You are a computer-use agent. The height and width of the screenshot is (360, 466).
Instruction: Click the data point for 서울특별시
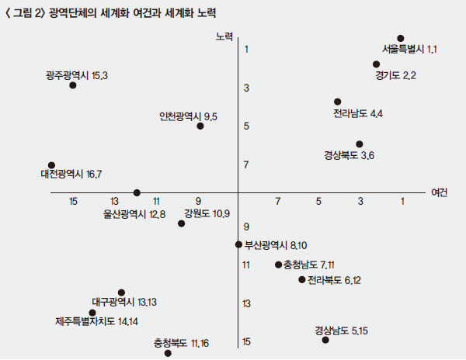(401, 38)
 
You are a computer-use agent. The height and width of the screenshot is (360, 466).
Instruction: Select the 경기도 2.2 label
(396, 75)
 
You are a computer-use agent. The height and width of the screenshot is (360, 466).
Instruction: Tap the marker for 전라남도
(338, 102)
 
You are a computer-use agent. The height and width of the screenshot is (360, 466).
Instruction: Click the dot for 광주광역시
(73, 85)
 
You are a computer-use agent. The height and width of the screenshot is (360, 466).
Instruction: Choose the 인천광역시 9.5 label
(188, 116)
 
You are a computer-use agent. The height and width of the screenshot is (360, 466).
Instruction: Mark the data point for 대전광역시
(51, 165)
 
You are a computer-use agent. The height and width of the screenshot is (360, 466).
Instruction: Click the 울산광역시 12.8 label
(134, 214)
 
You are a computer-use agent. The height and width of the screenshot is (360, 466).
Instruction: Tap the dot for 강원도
(182, 223)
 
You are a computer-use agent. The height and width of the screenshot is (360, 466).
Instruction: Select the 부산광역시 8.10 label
(276, 244)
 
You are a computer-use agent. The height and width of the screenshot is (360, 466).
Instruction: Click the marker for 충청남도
(278, 265)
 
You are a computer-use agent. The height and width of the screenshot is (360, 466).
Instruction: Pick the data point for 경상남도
(325, 340)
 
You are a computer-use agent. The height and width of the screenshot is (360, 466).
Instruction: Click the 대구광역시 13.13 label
(124, 302)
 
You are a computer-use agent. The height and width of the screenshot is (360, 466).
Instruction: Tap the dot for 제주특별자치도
(92, 313)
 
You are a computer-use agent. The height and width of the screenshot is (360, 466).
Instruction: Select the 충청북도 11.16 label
(181, 343)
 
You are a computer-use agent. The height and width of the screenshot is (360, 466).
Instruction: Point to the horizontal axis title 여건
(439, 192)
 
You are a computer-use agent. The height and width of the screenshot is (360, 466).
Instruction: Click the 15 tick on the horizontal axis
(73, 202)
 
